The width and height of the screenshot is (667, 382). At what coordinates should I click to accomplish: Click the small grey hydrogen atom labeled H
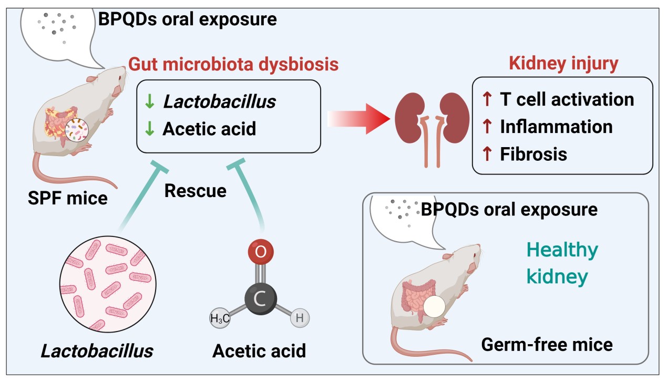coord(300,318)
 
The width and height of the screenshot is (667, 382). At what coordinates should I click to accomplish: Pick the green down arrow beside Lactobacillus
coord(150,102)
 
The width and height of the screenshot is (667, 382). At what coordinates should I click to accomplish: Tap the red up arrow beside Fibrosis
coord(487,154)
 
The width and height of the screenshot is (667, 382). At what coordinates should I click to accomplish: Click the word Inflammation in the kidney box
coord(556,127)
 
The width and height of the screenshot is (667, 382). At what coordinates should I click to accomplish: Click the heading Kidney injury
coord(563,63)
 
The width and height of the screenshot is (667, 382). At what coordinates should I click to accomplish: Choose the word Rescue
coord(196,190)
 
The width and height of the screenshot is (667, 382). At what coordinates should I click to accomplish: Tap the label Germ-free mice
coord(547,345)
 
